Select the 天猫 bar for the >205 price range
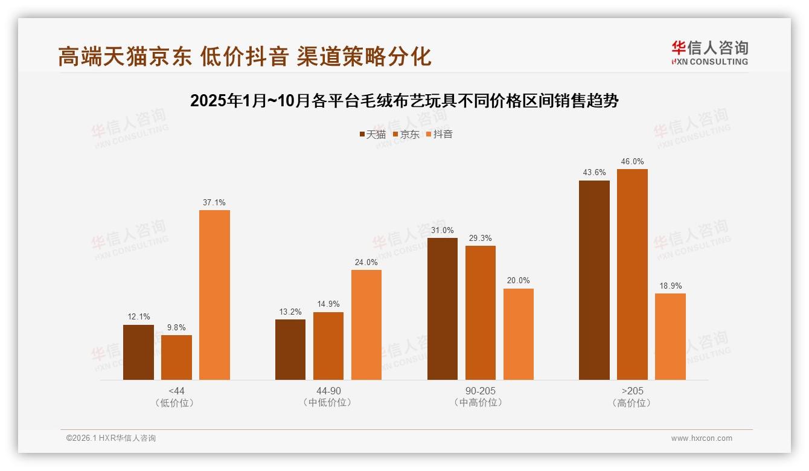pos(594,280)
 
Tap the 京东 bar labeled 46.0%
pos(632,274)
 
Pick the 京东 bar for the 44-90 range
pos(328,346)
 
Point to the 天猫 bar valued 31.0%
pos(443,309)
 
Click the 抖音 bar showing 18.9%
pos(670,336)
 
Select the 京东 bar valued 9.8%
pos(176,357)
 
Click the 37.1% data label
pos(214,203)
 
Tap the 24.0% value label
pos(366,263)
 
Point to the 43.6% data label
pos(594,173)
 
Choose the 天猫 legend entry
pos(373,135)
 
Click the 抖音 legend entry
pos(440,135)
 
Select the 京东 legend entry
pos(406,135)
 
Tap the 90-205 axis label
pos(481,391)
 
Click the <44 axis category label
pos(177,391)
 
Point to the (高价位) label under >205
pos(632,403)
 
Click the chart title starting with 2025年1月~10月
pos(404,101)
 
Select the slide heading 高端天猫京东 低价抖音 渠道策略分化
pos(245,56)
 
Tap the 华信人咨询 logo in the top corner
pos(709,53)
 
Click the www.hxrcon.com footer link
pos(702,438)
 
